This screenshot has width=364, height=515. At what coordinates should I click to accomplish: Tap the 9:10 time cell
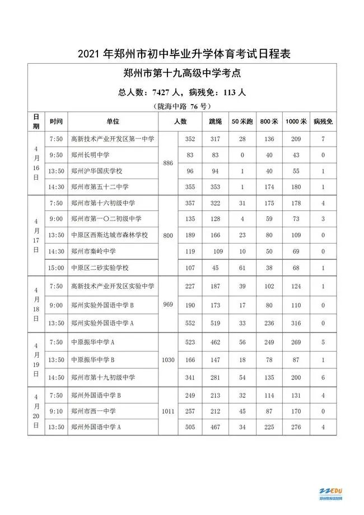[56, 411]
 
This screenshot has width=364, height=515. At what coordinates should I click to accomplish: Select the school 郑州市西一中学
[93, 411]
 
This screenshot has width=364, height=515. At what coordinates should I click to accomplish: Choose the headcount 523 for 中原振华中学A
[190, 341]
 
